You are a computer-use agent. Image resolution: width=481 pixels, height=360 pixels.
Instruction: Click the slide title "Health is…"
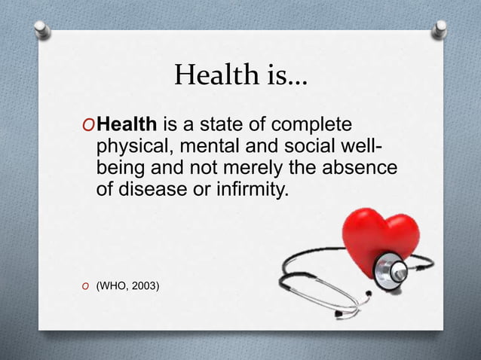pos(240,75)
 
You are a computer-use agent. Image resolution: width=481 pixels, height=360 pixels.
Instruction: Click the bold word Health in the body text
pos(126,124)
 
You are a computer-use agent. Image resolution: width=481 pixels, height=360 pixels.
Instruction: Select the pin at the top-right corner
pos(440,28)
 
